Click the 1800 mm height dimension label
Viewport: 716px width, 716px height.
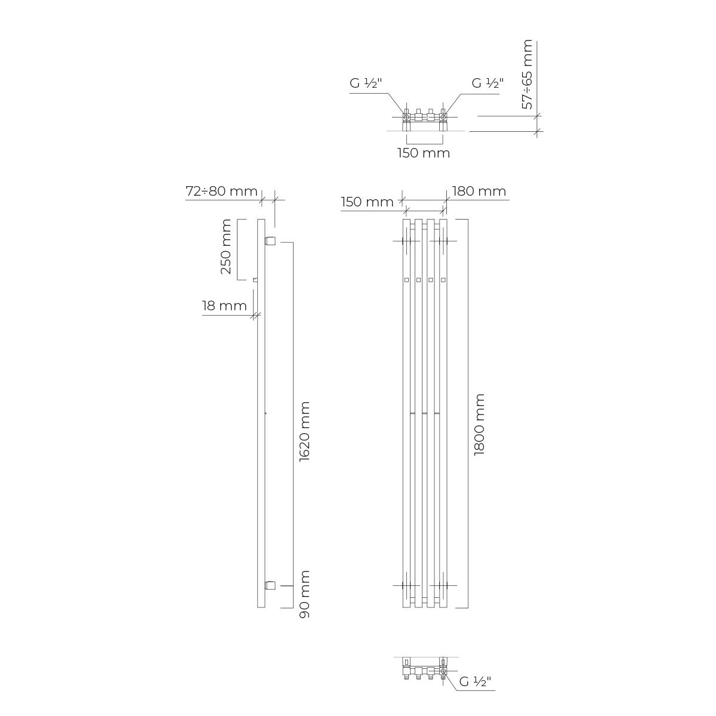click(479, 424)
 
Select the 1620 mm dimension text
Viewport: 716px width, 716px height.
click(305, 431)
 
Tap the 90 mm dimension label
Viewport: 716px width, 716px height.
click(305, 594)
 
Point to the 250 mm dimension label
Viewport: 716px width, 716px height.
click(226, 246)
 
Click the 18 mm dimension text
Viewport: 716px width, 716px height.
click(224, 306)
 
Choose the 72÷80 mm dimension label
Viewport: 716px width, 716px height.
click(221, 191)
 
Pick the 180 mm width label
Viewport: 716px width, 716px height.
click(479, 191)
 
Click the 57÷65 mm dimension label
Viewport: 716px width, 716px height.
click(527, 75)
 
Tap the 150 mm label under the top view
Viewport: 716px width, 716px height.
click(424, 153)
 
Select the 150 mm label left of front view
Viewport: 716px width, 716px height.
click(367, 202)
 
